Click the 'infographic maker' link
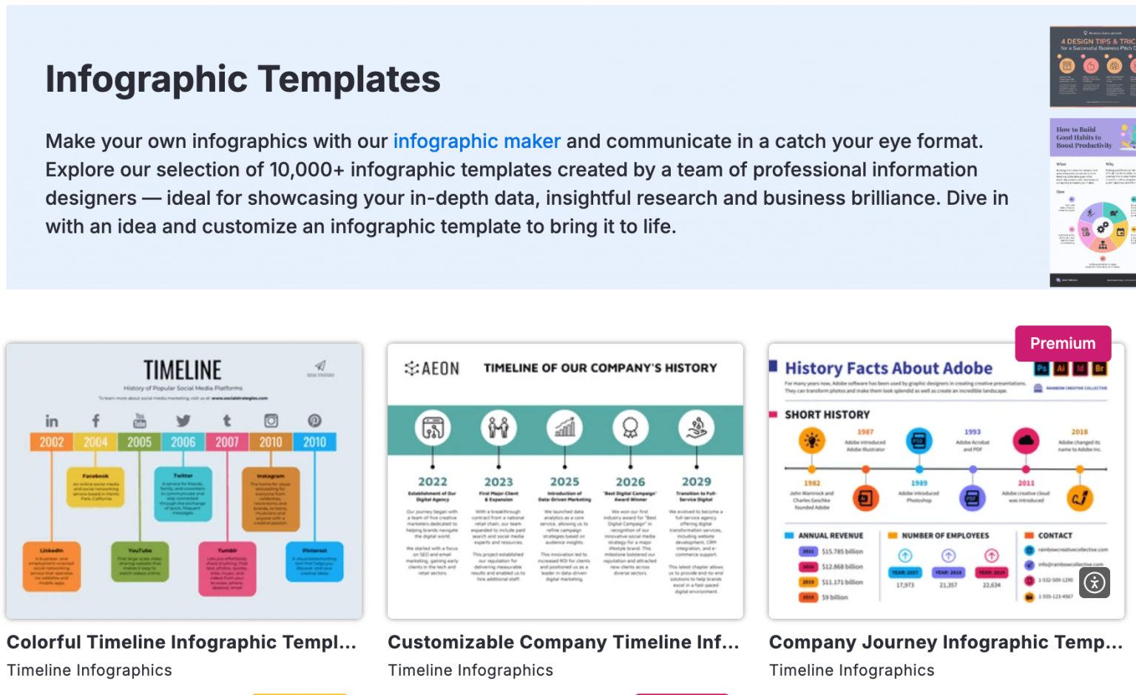476,141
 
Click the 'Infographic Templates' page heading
243,79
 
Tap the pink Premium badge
1062,343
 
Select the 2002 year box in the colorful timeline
52,442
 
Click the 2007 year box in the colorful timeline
227,442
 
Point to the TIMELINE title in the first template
183,370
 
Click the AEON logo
432,368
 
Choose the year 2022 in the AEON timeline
433,482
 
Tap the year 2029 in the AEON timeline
696,482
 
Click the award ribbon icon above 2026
630,427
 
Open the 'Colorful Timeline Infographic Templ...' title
181,642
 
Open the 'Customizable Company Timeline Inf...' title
563,642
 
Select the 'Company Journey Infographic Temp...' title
945,642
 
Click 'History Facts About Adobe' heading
888,368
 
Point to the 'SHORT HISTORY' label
827,415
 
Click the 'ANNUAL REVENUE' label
831,535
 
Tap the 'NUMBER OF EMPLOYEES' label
945,535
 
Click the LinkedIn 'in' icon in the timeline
52,421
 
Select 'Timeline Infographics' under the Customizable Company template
470,670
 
